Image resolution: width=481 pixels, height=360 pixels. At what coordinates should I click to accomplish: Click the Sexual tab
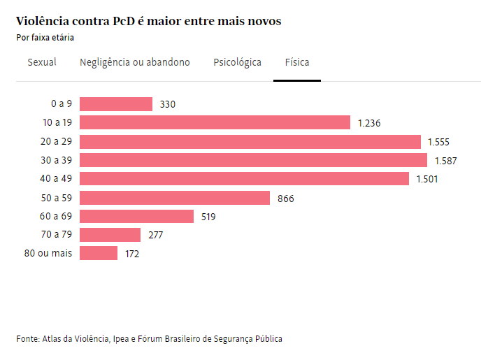[x=42, y=62]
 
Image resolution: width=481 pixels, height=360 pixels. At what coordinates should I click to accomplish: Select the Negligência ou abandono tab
[x=135, y=62]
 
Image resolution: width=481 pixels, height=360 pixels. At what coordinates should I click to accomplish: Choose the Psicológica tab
[x=237, y=62]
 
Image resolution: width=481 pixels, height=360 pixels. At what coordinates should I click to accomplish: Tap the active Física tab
[x=297, y=62]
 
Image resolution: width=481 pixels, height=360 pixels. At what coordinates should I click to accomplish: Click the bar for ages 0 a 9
[x=116, y=104]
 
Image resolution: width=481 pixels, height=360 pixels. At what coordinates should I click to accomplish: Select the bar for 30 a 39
[x=253, y=160]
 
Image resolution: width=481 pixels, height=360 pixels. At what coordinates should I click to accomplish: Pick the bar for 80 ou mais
[x=99, y=253]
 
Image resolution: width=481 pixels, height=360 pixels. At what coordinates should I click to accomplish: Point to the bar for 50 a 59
[x=175, y=198]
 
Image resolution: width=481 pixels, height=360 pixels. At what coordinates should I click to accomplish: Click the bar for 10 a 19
[x=215, y=123]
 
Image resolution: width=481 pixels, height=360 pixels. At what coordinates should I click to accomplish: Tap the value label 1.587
[x=445, y=161]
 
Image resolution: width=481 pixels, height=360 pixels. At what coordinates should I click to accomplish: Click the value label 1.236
[x=369, y=123]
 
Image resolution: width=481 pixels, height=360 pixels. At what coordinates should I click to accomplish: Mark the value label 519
[x=208, y=217]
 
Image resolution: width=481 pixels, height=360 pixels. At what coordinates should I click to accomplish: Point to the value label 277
[x=155, y=235]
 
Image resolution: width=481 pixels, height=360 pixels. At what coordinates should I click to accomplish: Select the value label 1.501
[x=427, y=179]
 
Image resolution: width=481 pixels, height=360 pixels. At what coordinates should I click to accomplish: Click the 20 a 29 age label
[x=57, y=141]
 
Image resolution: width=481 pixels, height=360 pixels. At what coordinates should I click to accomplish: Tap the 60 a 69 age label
[x=57, y=216]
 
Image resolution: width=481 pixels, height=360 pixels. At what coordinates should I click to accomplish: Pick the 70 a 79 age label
[x=57, y=235]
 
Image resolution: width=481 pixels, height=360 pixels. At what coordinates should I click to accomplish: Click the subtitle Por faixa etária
[x=45, y=37]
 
